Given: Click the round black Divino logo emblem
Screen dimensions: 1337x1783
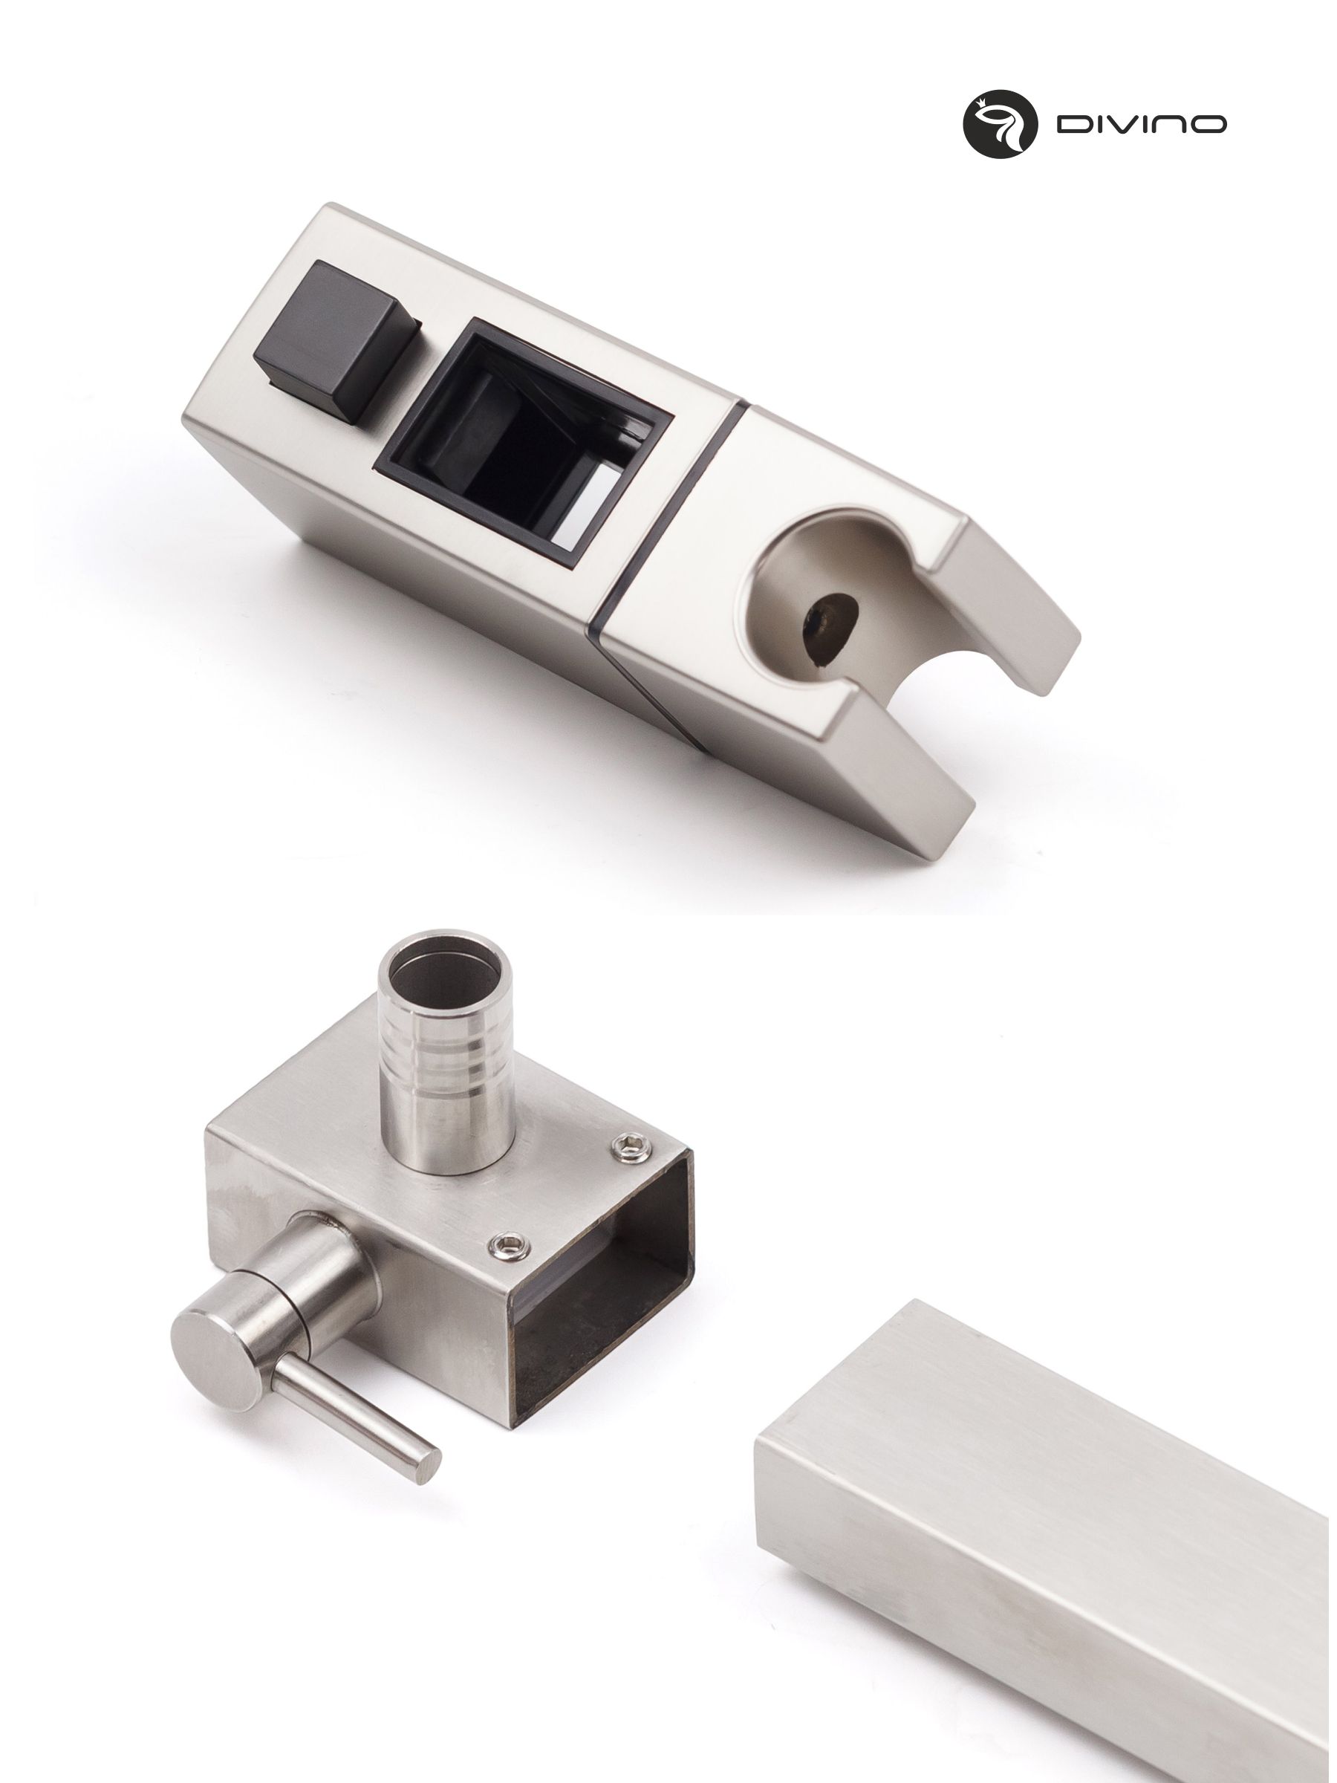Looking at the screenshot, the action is (x=1000, y=123).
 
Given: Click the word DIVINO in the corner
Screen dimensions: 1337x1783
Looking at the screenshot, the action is (x=1142, y=124).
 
